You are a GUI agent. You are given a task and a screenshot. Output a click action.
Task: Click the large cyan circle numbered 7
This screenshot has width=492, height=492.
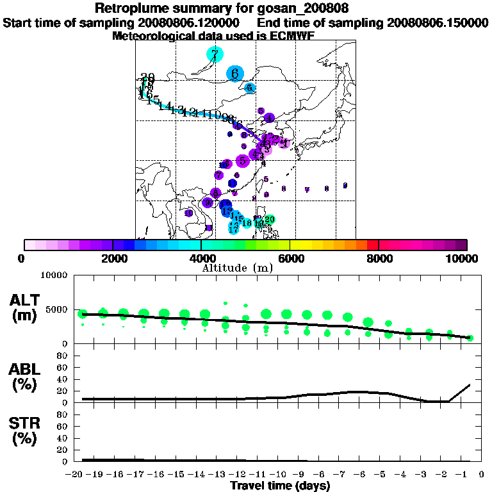pyautogui.click(x=215, y=54)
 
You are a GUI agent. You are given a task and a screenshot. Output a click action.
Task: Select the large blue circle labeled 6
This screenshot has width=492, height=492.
pyautogui.click(x=235, y=74)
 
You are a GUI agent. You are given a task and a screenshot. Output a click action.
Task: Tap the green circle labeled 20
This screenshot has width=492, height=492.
pyautogui.click(x=270, y=220)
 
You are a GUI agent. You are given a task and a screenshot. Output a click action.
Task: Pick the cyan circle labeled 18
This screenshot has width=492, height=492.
pyautogui.click(x=247, y=223)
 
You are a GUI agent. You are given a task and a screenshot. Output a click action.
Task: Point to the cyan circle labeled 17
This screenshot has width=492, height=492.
pyautogui.click(x=234, y=228)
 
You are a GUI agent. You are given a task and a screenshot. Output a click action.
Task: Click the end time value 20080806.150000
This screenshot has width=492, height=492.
pyautogui.click(x=438, y=23)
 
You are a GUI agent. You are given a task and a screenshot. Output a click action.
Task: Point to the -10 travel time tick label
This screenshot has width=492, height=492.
pyautogui.click(x=281, y=475)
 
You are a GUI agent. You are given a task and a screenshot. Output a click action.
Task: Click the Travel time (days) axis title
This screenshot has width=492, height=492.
pyautogui.click(x=280, y=486)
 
